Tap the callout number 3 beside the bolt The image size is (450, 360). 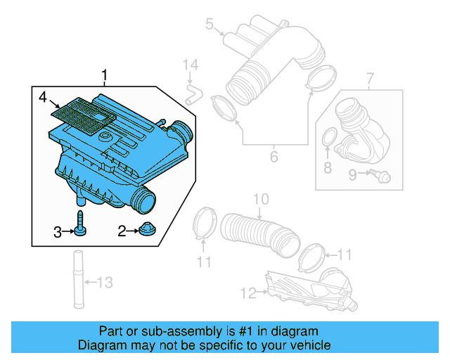pos(58,231)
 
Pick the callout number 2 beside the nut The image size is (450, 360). pos(121,230)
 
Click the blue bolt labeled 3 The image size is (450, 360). pos(80,224)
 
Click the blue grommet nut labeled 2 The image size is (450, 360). pos(148,229)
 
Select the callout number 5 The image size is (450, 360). pos(209,25)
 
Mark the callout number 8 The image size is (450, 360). pos(327,167)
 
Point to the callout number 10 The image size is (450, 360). pos(260,200)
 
